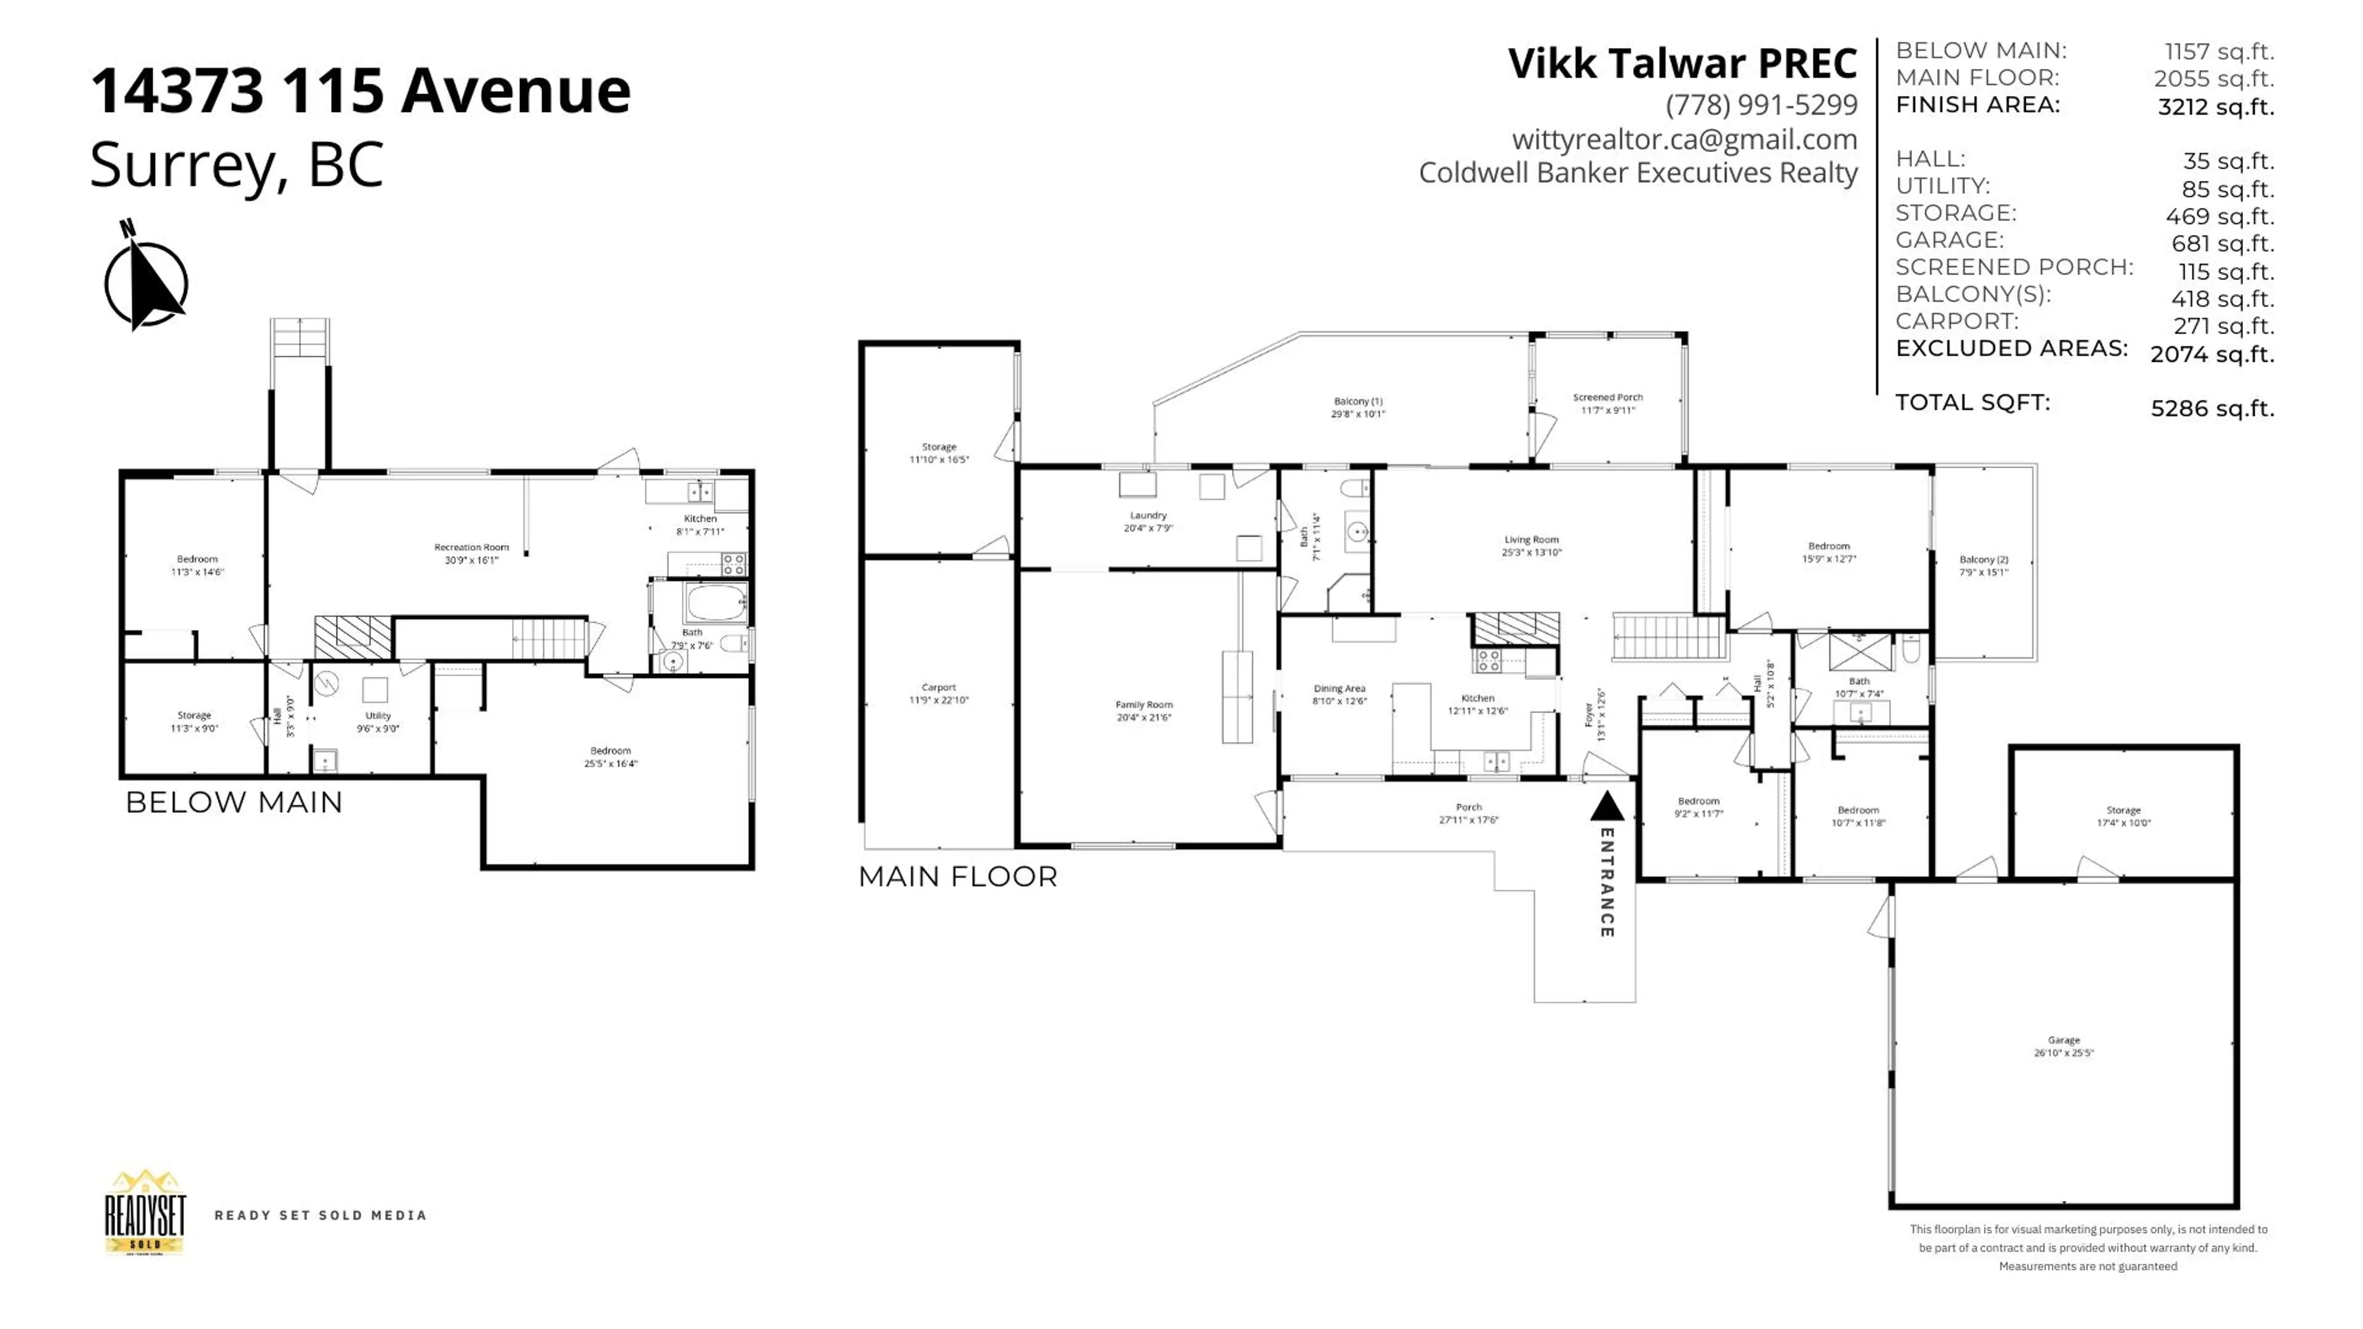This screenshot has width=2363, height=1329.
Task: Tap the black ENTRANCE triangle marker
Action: click(x=1606, y=808)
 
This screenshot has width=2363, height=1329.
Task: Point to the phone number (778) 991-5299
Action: click(x=1761, y=105)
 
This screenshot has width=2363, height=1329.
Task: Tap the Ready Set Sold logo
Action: click(x=145, y=1213)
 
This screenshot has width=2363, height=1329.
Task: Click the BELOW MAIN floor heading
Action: click(x=234, y=802)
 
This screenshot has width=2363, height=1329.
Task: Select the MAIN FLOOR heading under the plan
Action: click(x=957, y=877)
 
